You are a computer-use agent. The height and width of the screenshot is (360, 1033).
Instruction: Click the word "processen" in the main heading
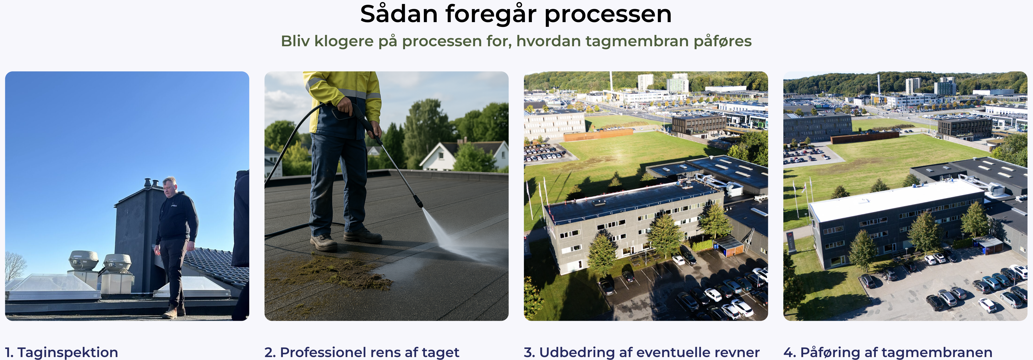[608, 14]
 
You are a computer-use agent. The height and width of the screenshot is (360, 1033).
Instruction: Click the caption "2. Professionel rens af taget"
[362, 352]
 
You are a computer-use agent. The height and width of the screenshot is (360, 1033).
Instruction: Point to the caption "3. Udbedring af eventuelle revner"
[642, 352]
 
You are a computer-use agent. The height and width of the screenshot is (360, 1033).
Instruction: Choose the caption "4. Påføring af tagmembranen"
[888, 352]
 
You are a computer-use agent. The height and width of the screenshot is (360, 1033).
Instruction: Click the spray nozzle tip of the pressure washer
[420, 204]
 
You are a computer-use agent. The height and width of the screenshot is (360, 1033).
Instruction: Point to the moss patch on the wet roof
[329, 273]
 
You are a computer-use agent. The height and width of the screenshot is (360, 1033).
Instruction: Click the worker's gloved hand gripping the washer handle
[345, 105]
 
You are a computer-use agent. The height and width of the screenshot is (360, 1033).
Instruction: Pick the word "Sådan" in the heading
[399, 14]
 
